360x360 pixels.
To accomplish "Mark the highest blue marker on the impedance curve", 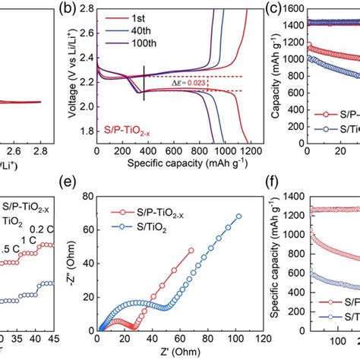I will point(239,216).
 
